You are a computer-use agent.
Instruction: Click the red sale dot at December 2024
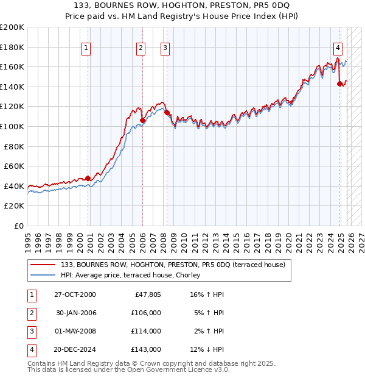[339, 84]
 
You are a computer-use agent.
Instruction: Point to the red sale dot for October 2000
[88, 178]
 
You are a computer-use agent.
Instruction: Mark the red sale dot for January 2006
[142, 121]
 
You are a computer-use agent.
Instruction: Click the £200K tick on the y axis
[12, 27]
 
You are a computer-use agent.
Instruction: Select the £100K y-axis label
[12, 126]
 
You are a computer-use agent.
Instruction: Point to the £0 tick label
[18, 226]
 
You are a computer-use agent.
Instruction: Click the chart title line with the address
[182, 6]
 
